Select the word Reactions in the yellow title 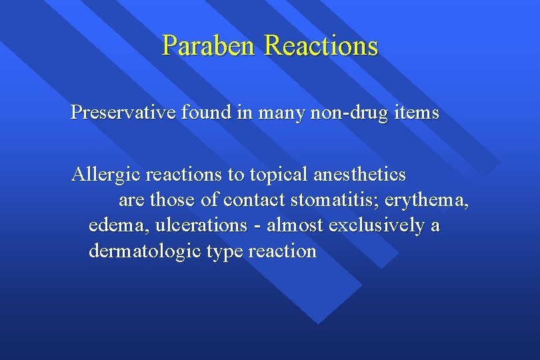[x=321, y=46]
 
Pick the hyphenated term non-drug [x=341, y=113]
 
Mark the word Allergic [x=107, y=175]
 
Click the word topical [x=275, y=175]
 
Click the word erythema [x=431, y=200]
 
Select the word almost [x=294, y=225]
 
